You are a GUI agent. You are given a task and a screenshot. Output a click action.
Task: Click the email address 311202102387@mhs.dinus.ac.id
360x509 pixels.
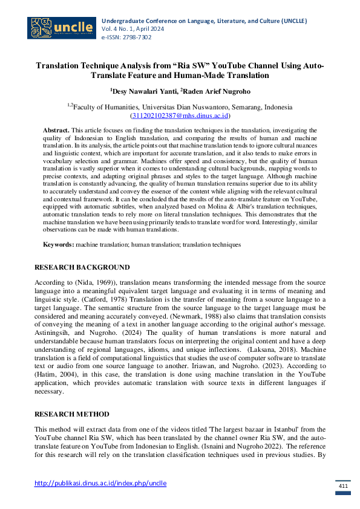point(180,115)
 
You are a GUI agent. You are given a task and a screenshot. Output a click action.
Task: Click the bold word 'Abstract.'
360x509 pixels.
point(56,130)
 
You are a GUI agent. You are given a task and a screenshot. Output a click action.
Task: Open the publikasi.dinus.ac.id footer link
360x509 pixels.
point(100,483)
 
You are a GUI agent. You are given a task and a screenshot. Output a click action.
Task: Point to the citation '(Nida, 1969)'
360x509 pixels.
point(94,283)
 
